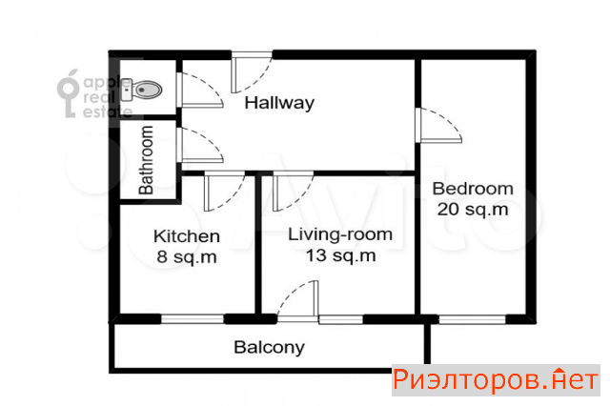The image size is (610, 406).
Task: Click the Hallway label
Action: [x=279, y=103]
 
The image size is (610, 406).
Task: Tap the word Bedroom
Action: [x=473, y=189]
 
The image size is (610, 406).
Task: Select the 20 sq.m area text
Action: [x=473, y=210]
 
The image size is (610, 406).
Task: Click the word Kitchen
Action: [x=187, y=236]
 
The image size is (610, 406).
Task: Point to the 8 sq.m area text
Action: [x=187, y=257]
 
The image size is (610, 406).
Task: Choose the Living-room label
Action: [x=340, y=234]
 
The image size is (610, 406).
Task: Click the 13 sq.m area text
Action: [x=340, y=255]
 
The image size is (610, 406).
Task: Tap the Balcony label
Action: [x=269, y=347]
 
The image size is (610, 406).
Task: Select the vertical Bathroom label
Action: [x=146, y=160]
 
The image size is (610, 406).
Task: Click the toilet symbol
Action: [x=141, y=90]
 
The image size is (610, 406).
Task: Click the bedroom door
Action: [x=438, y=125]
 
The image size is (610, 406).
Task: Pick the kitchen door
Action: [x=224, y=192]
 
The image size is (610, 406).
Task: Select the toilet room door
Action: [x=199, y=90]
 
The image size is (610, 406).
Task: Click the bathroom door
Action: [x=199, y=146]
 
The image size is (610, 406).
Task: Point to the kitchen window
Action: [x=193, y=319]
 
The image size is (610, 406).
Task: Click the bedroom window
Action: [x=473, y=319]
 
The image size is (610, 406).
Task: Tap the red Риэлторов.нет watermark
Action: [x=496, y=379]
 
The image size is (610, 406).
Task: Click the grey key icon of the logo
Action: [x=69, y=93]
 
